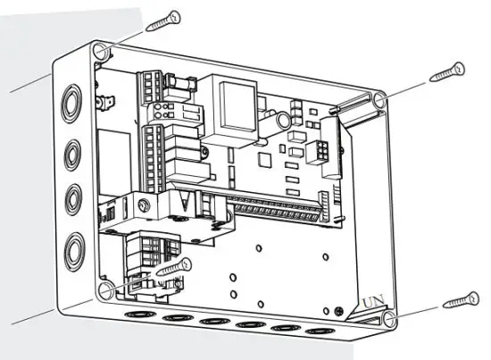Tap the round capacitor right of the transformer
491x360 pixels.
283,120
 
